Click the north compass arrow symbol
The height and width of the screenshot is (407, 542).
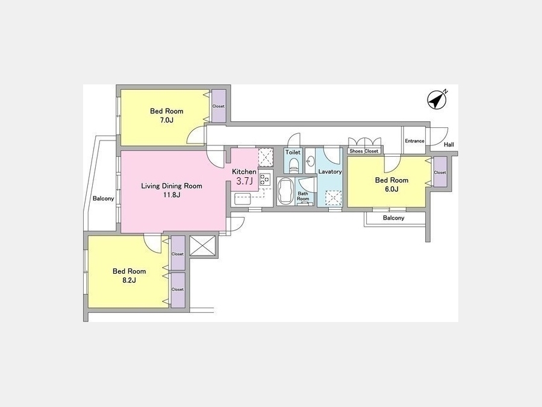tap(437, 100)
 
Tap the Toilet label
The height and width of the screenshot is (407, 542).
tap(293, 153)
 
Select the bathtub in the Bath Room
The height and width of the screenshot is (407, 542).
tap(285, 191)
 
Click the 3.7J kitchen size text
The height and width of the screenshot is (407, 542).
tap(245, 181)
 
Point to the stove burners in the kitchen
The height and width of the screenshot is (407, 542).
tap(265, 179)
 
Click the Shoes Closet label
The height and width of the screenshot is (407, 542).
tap(364, 151)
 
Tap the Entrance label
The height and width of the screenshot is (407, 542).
tap(414, 141)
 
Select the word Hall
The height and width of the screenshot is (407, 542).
tap(449, 145)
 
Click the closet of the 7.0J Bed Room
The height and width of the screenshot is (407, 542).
tap(219, 106)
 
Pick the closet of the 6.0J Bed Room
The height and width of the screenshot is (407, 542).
tap(440, 172)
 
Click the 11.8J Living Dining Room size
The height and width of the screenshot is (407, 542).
tap(172, 195)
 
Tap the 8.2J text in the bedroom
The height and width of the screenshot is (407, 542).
tap(129, 280)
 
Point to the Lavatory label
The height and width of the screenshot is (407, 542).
tap(330, 172)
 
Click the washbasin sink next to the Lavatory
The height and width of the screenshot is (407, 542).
tap(310, 160)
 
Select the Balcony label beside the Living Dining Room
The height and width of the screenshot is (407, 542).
tap(104, 198)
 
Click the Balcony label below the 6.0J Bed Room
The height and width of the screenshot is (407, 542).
tap(394, 218)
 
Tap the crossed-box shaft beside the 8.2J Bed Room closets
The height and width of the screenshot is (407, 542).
tap(202, 245)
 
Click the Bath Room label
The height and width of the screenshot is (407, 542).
tap(303, 196)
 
